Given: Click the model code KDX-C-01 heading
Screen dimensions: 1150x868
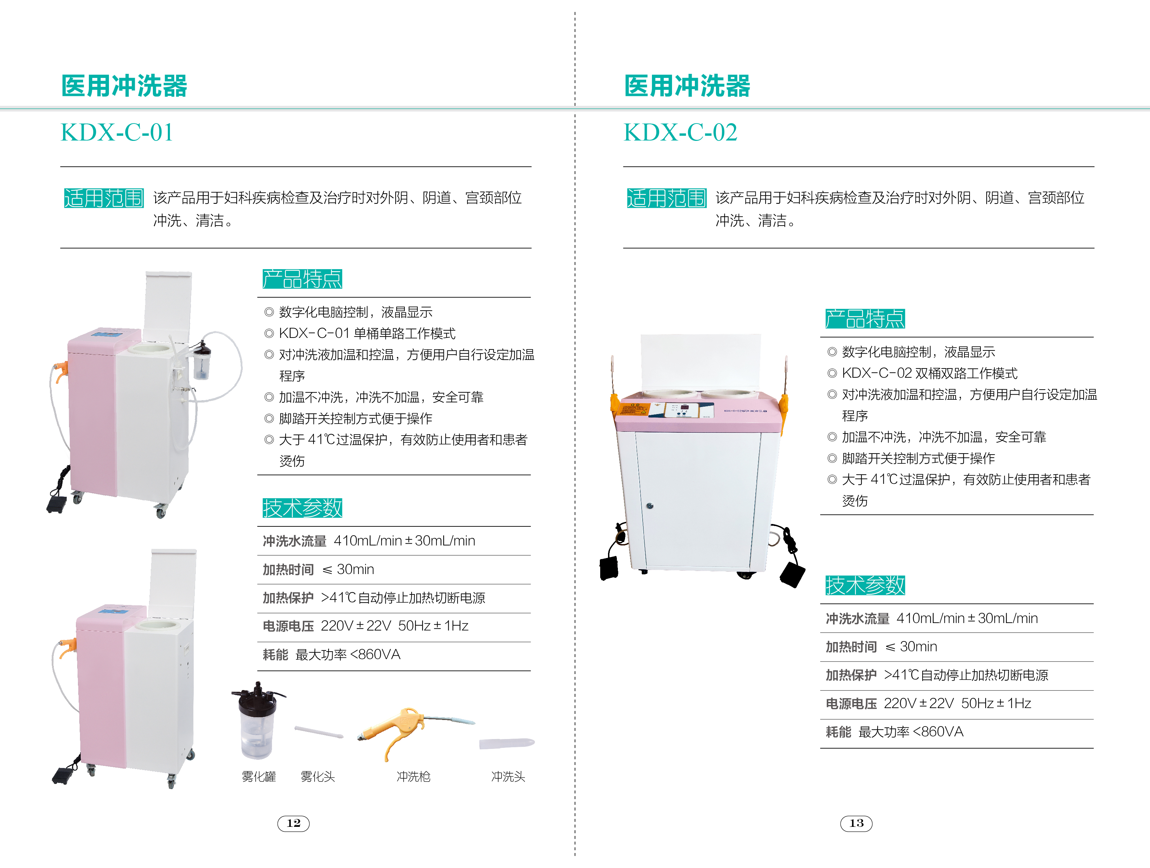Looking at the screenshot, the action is point(117,133).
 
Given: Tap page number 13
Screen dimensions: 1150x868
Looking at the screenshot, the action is point(856,823).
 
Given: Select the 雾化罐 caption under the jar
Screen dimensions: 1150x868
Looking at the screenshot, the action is point(259,776).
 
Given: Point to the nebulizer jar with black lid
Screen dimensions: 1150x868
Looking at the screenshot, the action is point(257,721).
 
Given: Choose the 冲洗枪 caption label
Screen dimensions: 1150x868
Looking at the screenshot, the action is point(413,776).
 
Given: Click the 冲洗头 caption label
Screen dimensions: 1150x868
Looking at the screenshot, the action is point(508,776).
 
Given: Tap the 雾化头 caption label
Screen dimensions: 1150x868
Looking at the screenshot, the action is point(318,776).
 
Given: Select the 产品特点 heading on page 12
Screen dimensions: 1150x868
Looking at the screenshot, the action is point(302,279).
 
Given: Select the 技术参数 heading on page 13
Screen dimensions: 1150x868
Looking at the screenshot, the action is point(865,585).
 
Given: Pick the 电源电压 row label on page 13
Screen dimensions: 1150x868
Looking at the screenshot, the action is point(851,704).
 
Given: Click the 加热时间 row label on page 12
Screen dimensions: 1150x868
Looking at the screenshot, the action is point(288,570).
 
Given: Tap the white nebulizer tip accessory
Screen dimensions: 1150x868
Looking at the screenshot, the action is point(319,732).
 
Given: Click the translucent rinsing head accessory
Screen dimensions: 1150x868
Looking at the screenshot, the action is point(507,743).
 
